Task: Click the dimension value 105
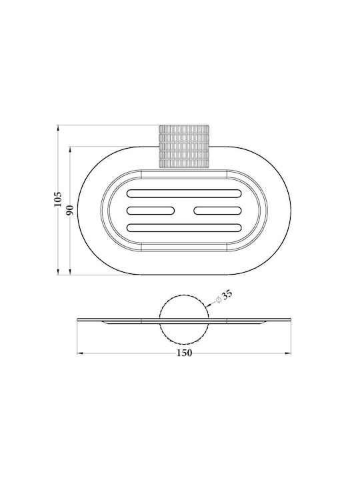click(58, 199)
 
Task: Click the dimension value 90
click(70, 210)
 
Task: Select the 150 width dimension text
click(184, 353)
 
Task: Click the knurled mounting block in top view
click(184, 147)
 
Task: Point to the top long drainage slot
click(184, 193)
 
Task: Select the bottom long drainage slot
click(184, 228)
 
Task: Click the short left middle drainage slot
click(151, 211)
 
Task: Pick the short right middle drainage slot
click(218, 211)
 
